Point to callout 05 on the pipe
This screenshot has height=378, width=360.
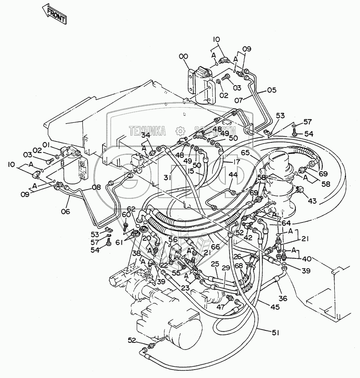pos(272,90)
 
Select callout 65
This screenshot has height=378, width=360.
pos(245,152)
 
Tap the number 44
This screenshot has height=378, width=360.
pos(233,174)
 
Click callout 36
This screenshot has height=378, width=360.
pos(283,298)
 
